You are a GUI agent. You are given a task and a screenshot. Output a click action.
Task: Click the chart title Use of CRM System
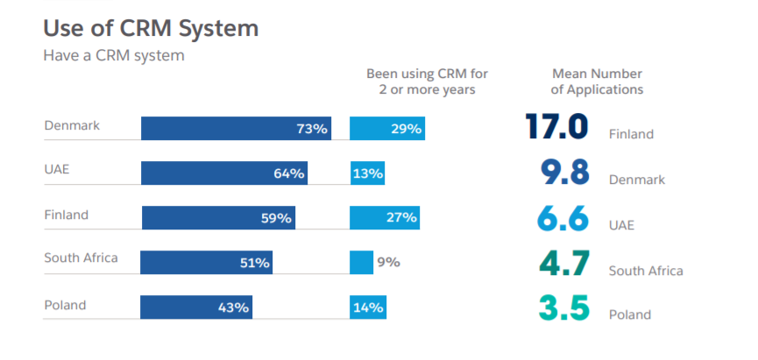coord(151,28)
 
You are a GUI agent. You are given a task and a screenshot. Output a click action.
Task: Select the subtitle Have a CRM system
coord(114,55)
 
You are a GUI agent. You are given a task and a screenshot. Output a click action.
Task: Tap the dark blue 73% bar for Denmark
coord(236,128)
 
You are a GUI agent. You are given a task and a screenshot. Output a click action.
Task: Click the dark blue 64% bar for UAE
coord(224,173)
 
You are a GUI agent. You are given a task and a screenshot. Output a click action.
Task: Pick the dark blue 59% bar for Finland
coord(218,217)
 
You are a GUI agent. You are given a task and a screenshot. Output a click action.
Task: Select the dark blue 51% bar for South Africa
coord(207,262)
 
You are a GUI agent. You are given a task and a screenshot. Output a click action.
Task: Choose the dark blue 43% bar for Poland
coord(196,307)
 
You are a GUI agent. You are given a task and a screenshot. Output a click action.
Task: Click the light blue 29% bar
coord(387,128)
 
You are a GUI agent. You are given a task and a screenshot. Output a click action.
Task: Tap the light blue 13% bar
coord(367,173)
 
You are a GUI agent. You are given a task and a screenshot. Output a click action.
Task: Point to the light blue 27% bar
coord(385,217)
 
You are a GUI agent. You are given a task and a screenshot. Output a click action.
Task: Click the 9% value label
coord(389,262)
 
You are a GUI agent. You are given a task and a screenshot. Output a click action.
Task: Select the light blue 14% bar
coord(367,307)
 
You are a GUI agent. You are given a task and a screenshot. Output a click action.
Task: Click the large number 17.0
coord(556,127)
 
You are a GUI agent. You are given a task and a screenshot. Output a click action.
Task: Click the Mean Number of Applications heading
coord(597,81)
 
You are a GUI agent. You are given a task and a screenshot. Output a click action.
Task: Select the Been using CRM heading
coord(427,81)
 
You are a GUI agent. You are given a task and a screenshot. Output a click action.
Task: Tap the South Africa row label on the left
coord(81,258)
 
